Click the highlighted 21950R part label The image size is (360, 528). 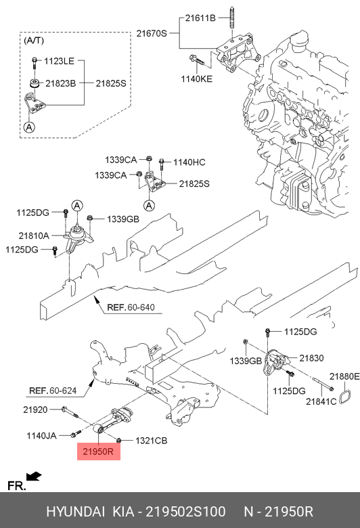98,452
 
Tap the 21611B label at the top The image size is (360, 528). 200,18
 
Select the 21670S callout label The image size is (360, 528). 152,33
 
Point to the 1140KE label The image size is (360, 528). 197,79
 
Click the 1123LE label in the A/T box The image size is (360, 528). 59,61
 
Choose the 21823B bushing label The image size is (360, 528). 61,83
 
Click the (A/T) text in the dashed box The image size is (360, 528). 34,41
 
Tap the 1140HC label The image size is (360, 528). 189,162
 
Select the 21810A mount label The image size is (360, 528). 34,236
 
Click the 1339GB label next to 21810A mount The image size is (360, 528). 123,219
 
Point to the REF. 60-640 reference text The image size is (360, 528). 131,307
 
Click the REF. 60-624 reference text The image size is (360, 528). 53,391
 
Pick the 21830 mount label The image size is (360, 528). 311,358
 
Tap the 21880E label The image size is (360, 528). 344,376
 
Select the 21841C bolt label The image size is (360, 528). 321,401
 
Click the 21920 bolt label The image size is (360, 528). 35,410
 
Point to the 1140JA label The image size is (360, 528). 41,436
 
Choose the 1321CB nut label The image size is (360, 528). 151,441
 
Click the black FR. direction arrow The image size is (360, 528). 34,477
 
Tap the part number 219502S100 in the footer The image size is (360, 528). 185,512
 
